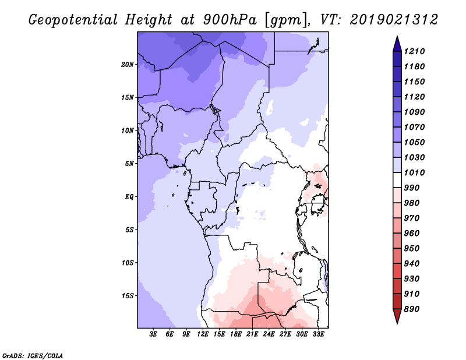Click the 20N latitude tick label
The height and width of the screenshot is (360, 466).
(x=128, y=64)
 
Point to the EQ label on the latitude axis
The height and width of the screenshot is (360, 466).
(x=129, y=196)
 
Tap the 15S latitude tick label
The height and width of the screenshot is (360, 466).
(x=128, y=295)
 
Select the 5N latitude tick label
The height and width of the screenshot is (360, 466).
(x=129, y=163)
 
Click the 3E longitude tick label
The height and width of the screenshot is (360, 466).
(x=154, y=334)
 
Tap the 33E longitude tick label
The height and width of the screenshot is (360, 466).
(x=318, y=334)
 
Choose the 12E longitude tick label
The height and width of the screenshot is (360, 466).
(x=203, y=334)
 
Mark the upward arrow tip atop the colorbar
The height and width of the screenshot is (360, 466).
(x=397, y=37)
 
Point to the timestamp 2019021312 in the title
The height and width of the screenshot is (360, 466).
(x=394, y=20)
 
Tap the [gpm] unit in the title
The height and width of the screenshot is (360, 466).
(x=284, y=20)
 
